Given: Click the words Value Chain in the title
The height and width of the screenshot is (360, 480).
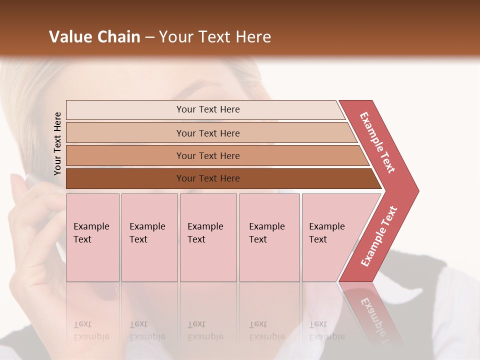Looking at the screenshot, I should click(94, 37).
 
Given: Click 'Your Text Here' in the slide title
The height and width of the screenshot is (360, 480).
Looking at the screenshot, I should click(215, 37).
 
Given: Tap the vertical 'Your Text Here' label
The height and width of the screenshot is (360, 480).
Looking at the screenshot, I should click(57, 143).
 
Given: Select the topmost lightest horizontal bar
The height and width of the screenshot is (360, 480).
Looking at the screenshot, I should click(207, 109).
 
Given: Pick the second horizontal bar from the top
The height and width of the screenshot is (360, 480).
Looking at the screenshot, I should click(207, 133).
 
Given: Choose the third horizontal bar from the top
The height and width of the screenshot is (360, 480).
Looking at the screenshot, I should click(207, 155).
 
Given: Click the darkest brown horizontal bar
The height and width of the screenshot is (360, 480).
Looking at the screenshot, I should click(207, 178).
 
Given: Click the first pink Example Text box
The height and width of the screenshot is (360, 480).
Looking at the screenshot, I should click(92, 237).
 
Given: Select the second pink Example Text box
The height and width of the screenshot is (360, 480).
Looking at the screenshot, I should click(149, 237).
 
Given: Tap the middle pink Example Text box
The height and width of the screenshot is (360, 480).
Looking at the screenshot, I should click(208, 237).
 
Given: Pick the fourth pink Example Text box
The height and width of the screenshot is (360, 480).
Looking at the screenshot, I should click(269, 237).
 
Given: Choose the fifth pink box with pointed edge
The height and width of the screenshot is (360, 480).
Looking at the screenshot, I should click(330, 237).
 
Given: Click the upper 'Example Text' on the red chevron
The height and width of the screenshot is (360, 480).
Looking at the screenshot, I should click(377, 142).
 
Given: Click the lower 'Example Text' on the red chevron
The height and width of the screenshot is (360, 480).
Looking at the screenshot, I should click(379, 236).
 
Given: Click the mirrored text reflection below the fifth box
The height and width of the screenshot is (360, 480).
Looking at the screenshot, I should click(326, 330).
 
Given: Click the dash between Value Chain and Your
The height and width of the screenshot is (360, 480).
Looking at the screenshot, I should click(149, 37).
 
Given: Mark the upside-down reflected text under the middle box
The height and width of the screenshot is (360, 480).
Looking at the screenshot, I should click(205, 330).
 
